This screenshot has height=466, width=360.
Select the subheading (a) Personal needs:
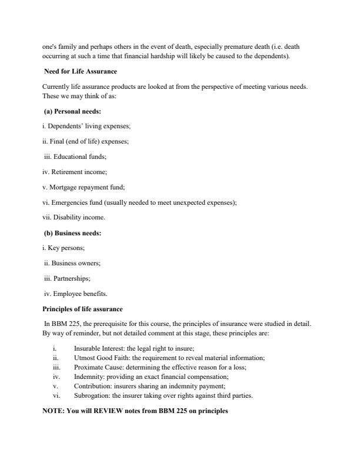(74, 112)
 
